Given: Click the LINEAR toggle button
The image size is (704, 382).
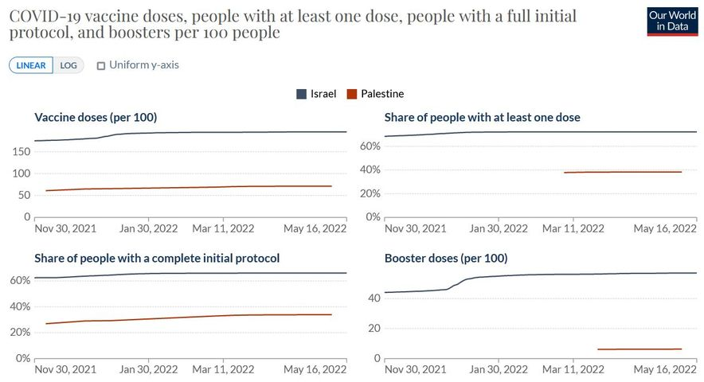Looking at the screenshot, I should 31,65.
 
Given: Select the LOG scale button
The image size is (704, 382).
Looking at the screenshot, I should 68,65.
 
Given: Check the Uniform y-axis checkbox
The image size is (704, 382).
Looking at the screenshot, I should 101,65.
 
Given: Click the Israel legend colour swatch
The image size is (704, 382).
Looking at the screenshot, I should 302,94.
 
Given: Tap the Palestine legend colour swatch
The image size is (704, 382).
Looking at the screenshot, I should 353,94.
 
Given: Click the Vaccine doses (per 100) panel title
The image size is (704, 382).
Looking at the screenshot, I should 96,118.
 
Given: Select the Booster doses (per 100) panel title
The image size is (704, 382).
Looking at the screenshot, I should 446,259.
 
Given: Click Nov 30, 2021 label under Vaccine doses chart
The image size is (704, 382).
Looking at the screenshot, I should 65,228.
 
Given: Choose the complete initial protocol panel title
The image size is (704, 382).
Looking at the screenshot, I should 157,259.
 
